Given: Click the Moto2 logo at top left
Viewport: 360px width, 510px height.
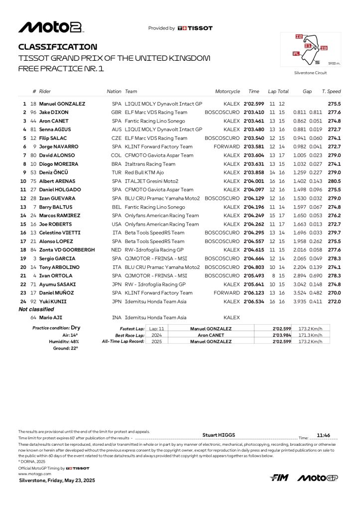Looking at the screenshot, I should pyautogui.click(x=50, y=28).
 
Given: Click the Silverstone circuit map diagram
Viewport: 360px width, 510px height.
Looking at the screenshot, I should pyautogui.click(x=310, y=49).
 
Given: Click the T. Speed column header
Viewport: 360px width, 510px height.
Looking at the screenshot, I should pyautogui.click(x=331, y=92).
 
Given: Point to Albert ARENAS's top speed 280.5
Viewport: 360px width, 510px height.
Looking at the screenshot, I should pyautogui.click(x=334, y=181).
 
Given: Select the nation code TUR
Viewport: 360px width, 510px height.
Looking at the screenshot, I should pyautogui.click(x=116, y=172).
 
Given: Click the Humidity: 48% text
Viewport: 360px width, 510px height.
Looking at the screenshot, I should pyautogui.click(x=63, y=342).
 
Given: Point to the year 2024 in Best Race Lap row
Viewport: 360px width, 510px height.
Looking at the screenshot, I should pyautogui.click(x=156, y=335).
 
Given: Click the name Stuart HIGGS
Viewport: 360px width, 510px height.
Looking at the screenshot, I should pyautogui.click(x=220, y=434).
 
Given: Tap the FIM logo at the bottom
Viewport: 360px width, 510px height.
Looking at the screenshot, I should pyautogui.click(x=280, y=478).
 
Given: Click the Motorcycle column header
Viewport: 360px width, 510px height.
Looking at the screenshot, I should pyautogui.click(x=227, y=92).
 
